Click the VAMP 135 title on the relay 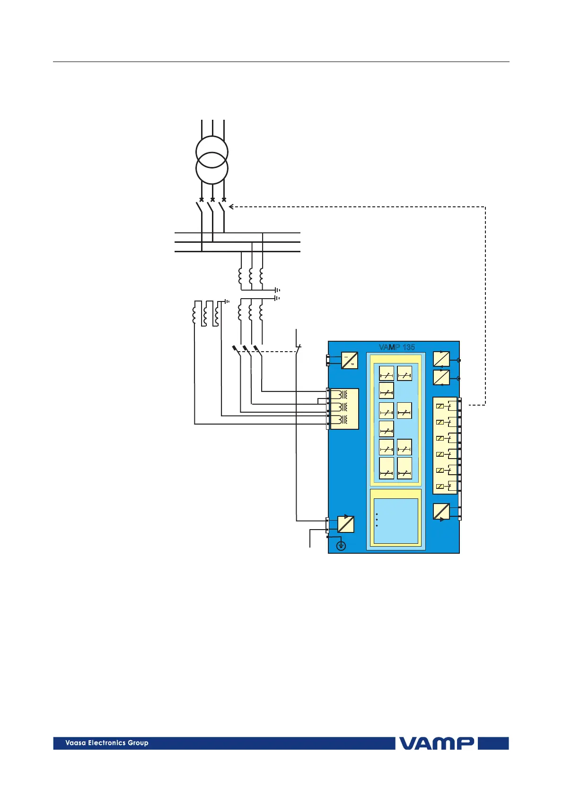(x=396, y=347)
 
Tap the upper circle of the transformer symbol (x=212, y=152)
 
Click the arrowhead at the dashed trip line (x=231, y=206)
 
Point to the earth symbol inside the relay (x=341, y=546)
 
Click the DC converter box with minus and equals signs (x=349, y=360)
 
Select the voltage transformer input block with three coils (x=344, y=408)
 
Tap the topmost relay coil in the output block (x=440, y=406)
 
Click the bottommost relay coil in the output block (x=440, y=487)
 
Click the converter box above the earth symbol (x=345, y=524)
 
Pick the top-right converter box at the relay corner (x=441, y=359)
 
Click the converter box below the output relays (x=441, y=512)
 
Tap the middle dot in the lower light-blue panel (x=377, y=520)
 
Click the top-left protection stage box (x=387, y=373)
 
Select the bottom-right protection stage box (x=405, y=468)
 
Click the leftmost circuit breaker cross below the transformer (x=202, y=200)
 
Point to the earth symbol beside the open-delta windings (x=228, y=301)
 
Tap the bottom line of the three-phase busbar (x=237, y=251)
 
